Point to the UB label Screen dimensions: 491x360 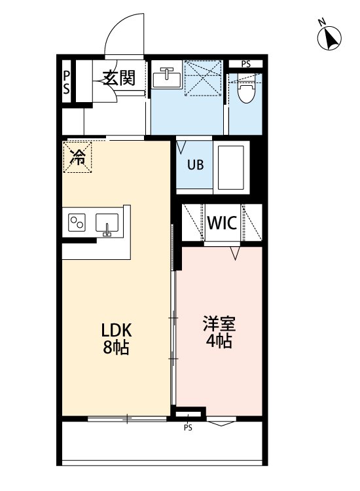pyautogui.click(x=196, y=165)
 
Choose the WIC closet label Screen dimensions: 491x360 pyautogui.click(x=223, y=223)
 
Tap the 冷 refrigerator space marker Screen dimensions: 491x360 pyautogui.click(x=78, y=157)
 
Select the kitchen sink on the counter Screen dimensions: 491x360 pyautogui.click(x=107, y=224)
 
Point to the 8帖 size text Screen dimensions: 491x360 pyautogui.click(x=115, y=348)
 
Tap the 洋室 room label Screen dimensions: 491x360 pyautogui.click(x=218, y=323)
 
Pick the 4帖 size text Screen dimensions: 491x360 pyautogui.click(x=218, y=341)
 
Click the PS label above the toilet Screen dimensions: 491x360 pyautogui.click(x=245, y=64)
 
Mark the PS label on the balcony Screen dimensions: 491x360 pyautogui.click(x=188, y=428)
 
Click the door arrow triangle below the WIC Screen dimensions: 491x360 pyautogui.click(x=236, y=252)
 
